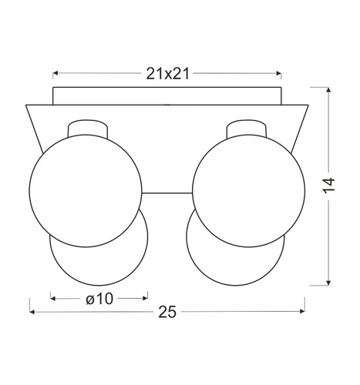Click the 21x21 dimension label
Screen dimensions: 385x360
pyautogui.click(x=167, y=74)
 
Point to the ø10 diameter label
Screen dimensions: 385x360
pyautogui.click(x=99, y=297)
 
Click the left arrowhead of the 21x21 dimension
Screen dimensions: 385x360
pyautogui.click(x=56, y=74)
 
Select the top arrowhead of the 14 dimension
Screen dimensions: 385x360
pyautogui.click(x=329, y=91)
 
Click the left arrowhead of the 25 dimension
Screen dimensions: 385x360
pyautogui.click(x=32, y=312)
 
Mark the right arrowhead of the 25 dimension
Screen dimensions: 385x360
pyautogui.click(x=302, y=312)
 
